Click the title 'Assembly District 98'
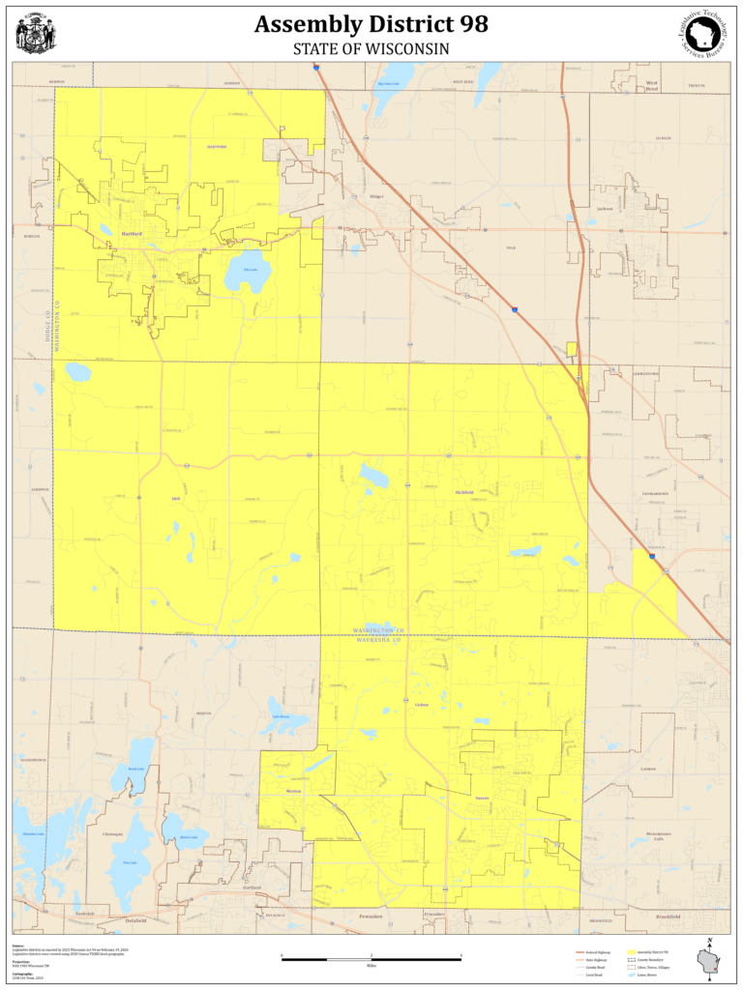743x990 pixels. (371, 24)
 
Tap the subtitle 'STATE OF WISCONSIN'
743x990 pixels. (371, 47)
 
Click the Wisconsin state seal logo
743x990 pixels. (36, 34)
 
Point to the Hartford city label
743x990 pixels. (131, 234)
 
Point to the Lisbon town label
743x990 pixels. (421, 704)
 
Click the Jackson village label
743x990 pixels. (606, 209)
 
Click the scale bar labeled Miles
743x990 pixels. (371, 959)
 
